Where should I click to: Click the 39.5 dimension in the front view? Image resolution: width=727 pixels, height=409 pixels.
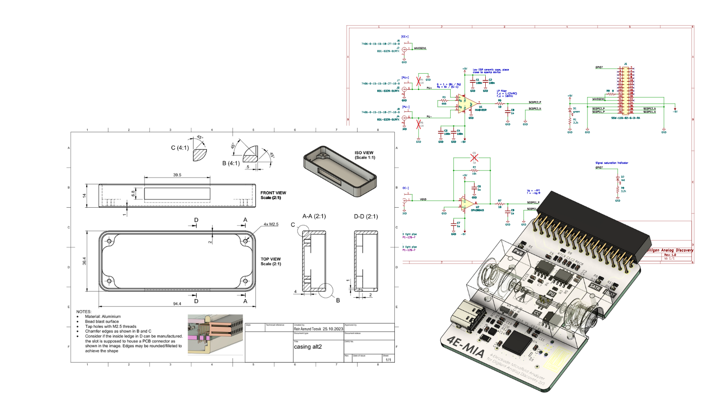click(177, 175)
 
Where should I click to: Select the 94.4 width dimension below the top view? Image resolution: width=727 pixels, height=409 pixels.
click(177, 304)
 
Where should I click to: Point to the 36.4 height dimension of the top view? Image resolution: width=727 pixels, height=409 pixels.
click(85, 261)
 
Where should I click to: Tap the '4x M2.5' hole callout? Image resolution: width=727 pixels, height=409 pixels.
click(271, 224)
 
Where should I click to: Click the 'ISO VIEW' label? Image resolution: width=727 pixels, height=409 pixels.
click(364, 153)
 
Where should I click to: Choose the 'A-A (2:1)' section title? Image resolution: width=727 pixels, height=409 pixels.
click(314, 216)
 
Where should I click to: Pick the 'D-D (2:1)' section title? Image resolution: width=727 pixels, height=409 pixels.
click(366, 216)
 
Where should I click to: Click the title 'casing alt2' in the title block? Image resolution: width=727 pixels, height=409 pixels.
click(308, 347)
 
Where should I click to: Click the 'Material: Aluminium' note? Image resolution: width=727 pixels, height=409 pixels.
click(103, 316)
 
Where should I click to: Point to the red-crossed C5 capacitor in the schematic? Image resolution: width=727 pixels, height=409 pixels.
click(474, 158)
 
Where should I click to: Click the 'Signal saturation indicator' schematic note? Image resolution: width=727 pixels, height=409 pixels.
click(612, 163)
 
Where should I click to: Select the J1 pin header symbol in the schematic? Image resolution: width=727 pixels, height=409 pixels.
click(625, 90)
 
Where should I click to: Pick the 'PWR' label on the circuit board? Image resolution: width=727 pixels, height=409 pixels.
click(518, 251)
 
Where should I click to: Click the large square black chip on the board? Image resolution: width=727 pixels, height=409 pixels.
click(518, 341)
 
